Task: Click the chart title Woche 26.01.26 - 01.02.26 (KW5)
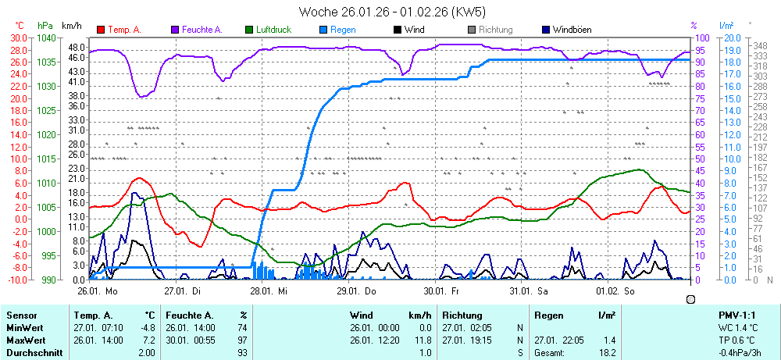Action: [391, 12]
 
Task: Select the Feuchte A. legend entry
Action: [201, 30]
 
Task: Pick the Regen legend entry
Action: [343, 30]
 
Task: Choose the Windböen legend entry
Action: [571, 30]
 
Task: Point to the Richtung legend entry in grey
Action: [495, 30]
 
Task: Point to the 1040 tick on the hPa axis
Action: [47, 37]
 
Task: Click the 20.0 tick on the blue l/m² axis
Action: [732, 37]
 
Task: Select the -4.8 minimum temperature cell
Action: [147, 328]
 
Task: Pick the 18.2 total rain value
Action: [607, 353]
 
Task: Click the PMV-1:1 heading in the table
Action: [736, 315]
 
